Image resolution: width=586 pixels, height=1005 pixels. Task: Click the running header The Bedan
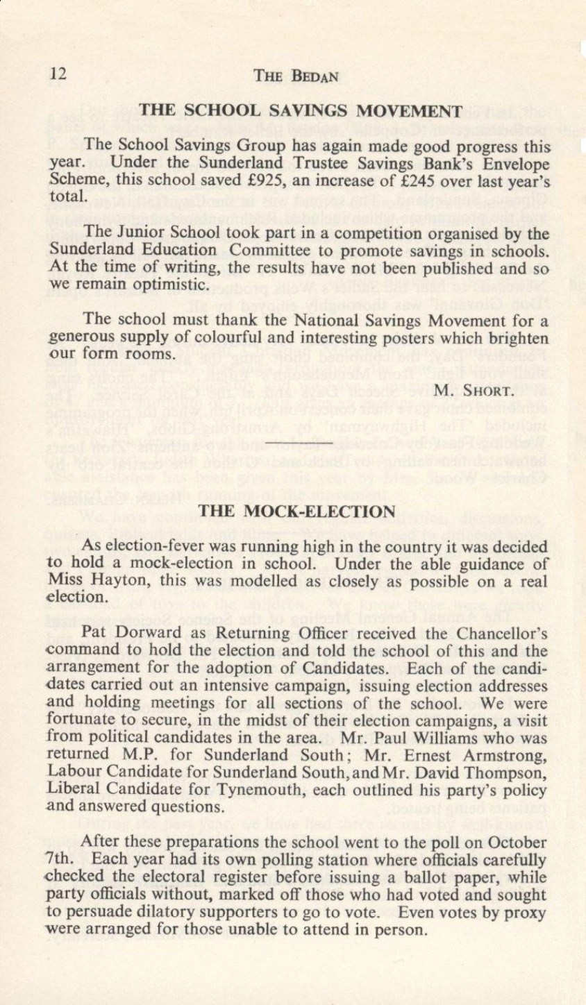[296, 76]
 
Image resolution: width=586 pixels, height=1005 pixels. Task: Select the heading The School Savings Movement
[301, 110]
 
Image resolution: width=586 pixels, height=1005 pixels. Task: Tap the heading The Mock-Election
[297, 512]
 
